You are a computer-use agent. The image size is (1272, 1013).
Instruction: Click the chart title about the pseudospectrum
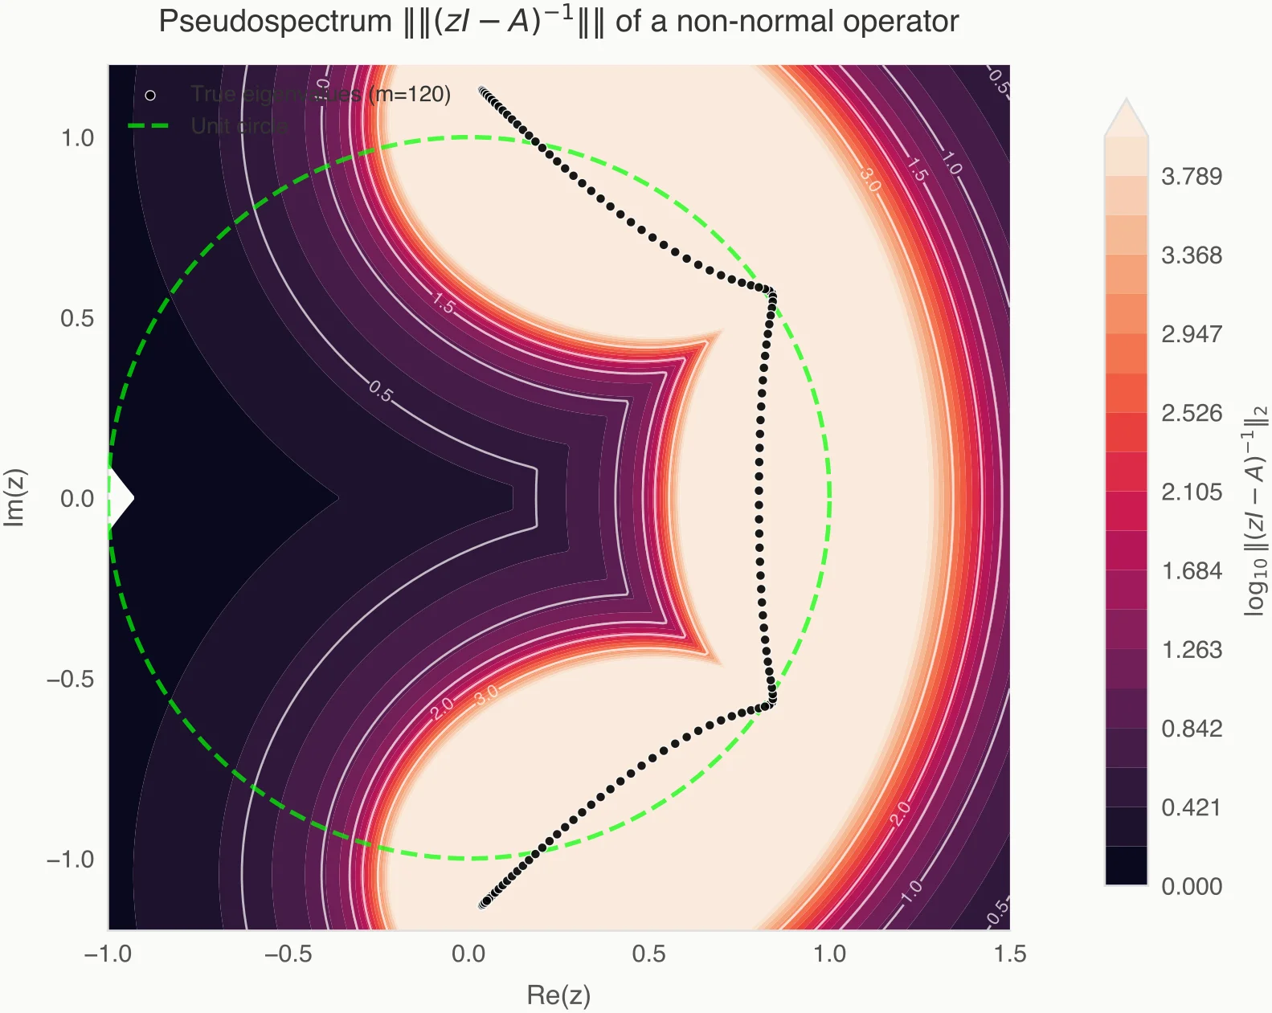click(x=558, y=22)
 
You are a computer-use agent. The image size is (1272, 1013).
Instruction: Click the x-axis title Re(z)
click(x=558, y=995)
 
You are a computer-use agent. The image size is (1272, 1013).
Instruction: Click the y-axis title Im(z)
click(x=15, y=497)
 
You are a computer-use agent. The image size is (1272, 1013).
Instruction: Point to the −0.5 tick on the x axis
click(x=288, y=954)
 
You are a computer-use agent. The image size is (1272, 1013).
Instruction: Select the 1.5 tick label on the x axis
click(x=1009, y=954)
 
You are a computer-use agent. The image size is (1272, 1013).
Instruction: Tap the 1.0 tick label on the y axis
click(x=78, y=138)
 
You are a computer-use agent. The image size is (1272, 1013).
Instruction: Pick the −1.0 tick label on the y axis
click(x=71, y=860)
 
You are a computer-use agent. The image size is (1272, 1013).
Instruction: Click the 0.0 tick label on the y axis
click(x=78, y=499)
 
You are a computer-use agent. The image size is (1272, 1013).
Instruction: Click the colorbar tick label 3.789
click(x=1191, y=177)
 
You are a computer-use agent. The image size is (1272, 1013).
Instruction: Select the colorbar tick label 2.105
click(x=1191, y=492)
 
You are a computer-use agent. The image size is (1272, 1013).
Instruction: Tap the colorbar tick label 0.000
click(x=1191, y=887)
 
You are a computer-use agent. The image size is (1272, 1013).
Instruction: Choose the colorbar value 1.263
click(x=1191, y=650)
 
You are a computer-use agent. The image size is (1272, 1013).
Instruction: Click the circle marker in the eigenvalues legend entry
click(x=150, y=96)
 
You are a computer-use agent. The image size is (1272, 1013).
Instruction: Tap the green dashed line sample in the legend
click(x=149, y=126)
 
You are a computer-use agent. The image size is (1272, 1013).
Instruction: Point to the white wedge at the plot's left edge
click(x=119, y=498)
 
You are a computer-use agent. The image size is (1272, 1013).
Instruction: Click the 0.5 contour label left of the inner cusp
click(x=381, y=392)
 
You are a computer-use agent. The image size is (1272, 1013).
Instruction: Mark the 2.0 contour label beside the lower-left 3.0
click(x=442, y=708)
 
